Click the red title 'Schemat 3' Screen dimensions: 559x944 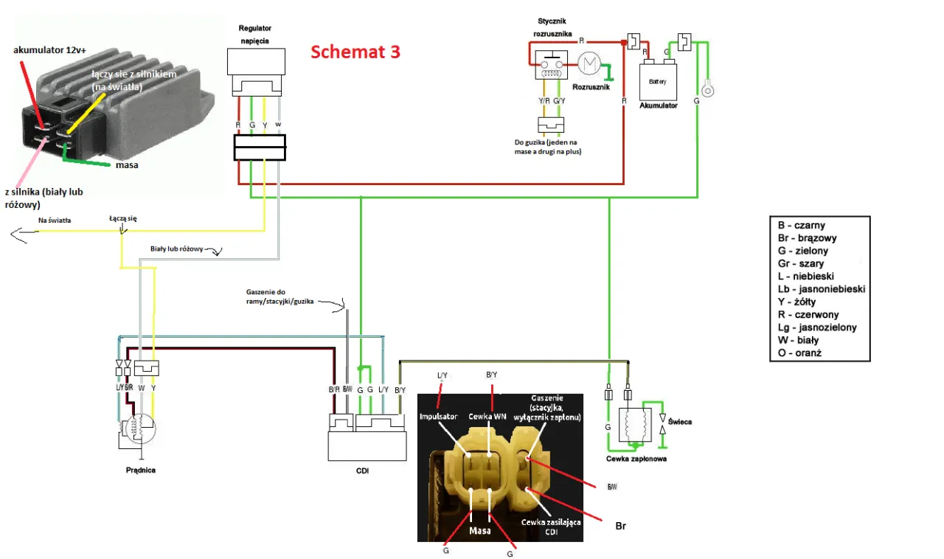click(355, 52)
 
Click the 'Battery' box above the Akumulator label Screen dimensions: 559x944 click(657, 83)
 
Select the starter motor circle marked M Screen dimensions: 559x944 click(589, 65)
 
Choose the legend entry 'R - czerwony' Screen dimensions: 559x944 click(811, 314)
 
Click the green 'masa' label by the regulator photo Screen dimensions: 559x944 click(127, 165)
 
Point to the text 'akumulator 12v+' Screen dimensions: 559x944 click(49, 50)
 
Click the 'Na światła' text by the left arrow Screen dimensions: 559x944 click(55, 220)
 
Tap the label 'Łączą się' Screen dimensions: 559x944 click(122, 218)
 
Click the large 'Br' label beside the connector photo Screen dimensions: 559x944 click(621, 527)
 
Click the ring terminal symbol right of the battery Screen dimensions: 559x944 click(708, 90)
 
